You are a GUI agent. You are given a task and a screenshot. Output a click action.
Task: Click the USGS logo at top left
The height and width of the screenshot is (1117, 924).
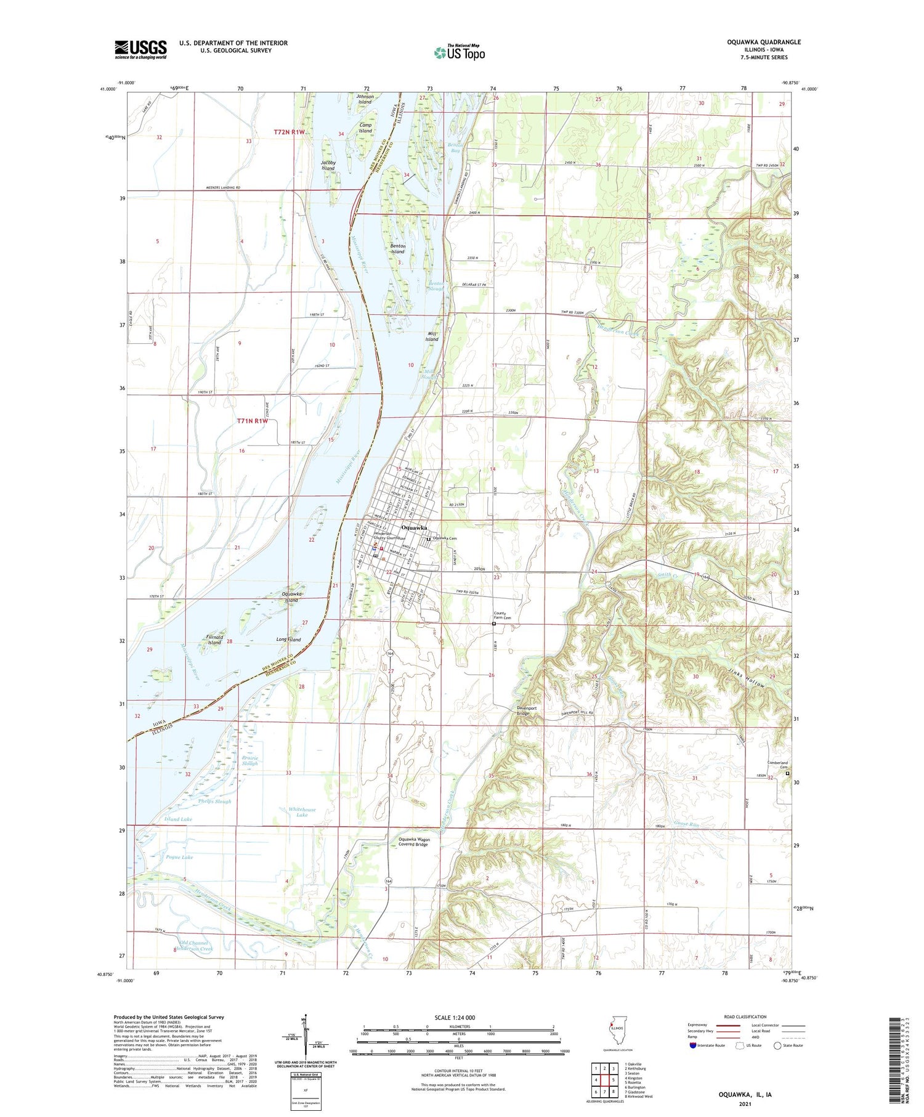click(140, 49)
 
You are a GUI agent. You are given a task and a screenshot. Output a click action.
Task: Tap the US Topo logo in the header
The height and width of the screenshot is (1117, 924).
click(459, 53)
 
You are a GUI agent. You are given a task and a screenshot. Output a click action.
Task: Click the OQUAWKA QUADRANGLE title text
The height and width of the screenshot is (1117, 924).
click(764, 42)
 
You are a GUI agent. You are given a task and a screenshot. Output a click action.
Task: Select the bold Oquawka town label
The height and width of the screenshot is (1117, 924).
click(414, 528)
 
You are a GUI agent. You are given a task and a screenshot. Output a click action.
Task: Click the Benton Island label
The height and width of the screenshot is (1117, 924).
click(397, 249)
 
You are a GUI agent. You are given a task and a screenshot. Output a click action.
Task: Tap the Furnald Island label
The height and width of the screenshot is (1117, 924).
click(214, 640)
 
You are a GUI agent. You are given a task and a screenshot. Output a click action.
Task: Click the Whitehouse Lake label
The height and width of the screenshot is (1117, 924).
click(302, 812)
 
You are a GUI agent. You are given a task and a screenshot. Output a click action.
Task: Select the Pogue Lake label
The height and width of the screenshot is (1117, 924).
click(179, 857)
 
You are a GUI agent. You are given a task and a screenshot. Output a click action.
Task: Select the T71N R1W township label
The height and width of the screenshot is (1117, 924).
click(253, 421)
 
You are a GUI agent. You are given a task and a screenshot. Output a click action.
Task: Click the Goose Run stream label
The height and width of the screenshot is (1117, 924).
click(686, 823)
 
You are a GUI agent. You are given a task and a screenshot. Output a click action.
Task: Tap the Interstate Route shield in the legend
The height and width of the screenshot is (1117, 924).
click(694, 1046)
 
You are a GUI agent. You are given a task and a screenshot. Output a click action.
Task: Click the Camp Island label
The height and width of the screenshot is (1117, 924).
click(366, 128)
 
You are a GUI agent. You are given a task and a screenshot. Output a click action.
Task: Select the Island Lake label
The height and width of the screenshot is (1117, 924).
click(178, 819)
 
